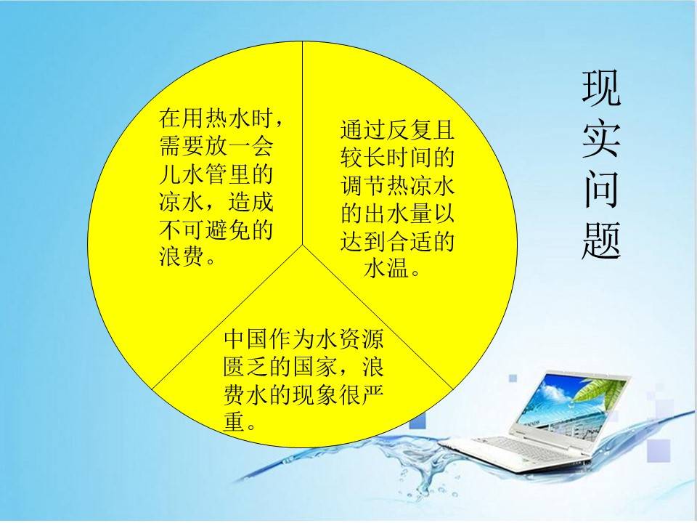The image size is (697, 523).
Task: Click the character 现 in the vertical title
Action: coord(601,88)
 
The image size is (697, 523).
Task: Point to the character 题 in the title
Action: coord(601,240)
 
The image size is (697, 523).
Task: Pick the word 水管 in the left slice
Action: coord(205,174)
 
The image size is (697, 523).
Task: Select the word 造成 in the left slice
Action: coord(250,202)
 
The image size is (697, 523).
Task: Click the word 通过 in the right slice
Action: coord(363,129)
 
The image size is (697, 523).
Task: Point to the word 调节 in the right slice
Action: coord(363,185)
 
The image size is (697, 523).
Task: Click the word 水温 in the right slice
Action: coord(386,269)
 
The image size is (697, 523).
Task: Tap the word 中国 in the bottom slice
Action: coord(246,339)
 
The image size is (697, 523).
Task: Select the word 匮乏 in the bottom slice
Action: coord(246,367)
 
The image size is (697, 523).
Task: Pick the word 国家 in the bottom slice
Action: coord(314,367)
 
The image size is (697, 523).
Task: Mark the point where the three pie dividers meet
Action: coord(303,245)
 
